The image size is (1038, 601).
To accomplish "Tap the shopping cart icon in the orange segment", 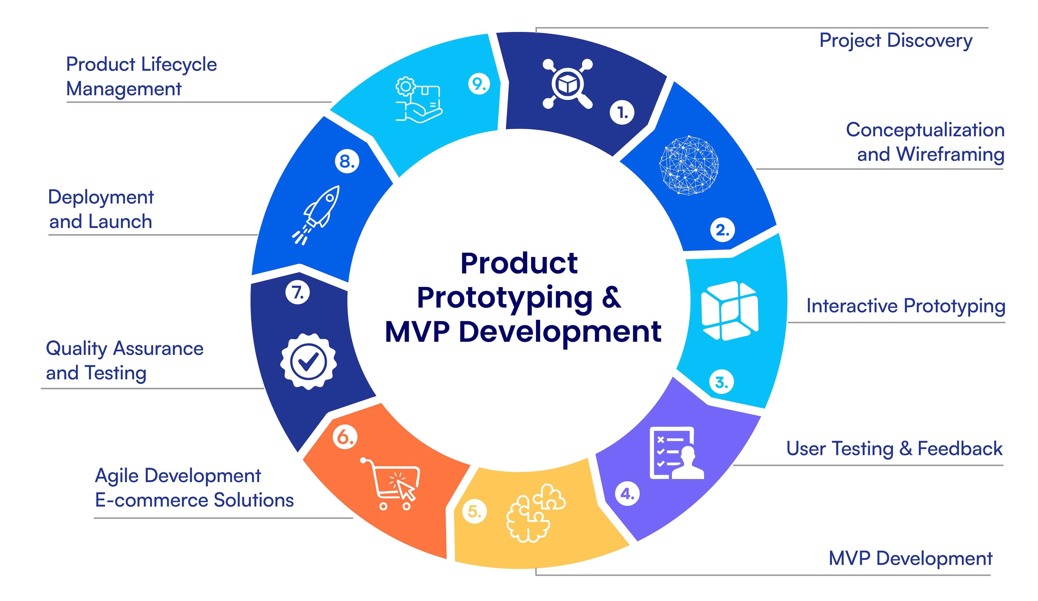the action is (390, 483).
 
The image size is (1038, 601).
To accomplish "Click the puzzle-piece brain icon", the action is (536, 512).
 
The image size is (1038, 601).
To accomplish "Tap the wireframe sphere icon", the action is (689, 165).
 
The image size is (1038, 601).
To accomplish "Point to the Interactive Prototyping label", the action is (906, 306).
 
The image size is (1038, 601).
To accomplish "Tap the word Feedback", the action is (960, 449).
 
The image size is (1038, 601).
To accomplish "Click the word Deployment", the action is (101, 198).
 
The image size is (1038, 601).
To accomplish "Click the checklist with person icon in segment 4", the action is (676, 453).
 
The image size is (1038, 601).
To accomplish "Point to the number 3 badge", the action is (721, 382).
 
